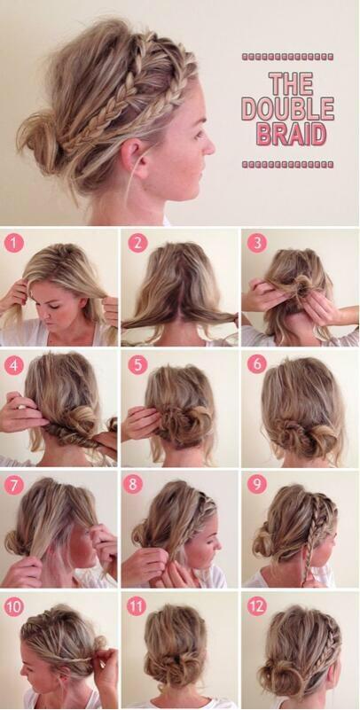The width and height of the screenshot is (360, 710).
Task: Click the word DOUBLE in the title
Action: [x=287, y=110]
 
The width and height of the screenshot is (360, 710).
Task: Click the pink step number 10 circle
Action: [x=14, y=607]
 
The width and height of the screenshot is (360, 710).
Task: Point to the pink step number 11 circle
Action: [x=136, y=607]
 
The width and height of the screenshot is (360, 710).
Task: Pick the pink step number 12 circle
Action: [x=255, y=607]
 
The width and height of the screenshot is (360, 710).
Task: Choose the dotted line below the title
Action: [x=287, y=164]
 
